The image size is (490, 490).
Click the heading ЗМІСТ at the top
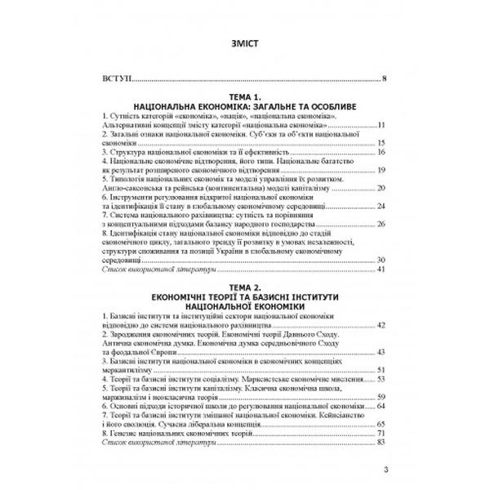tap(244, 45)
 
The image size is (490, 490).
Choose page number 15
tap(381, 143)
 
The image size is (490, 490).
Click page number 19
tap(381, 170)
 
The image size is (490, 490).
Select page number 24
tap(381, 206)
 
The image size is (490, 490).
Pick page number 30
tap(381, 260)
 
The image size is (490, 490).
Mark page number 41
tap(381, 269)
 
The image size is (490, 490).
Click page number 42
tap(381, 325)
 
